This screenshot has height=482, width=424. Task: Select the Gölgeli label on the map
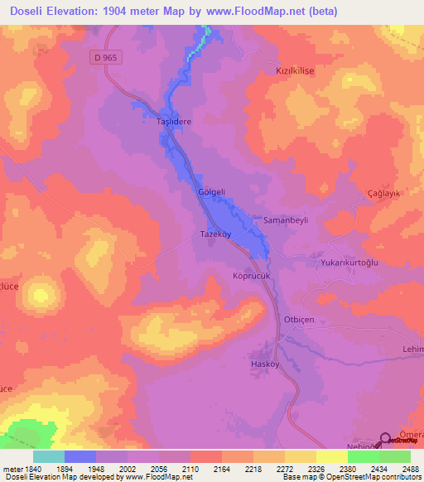211,192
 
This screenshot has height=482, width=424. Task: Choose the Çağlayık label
384,192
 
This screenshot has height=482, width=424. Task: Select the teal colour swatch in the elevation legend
49,456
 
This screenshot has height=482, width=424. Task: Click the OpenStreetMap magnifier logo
386,440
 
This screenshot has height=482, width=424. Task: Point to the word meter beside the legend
12,470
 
